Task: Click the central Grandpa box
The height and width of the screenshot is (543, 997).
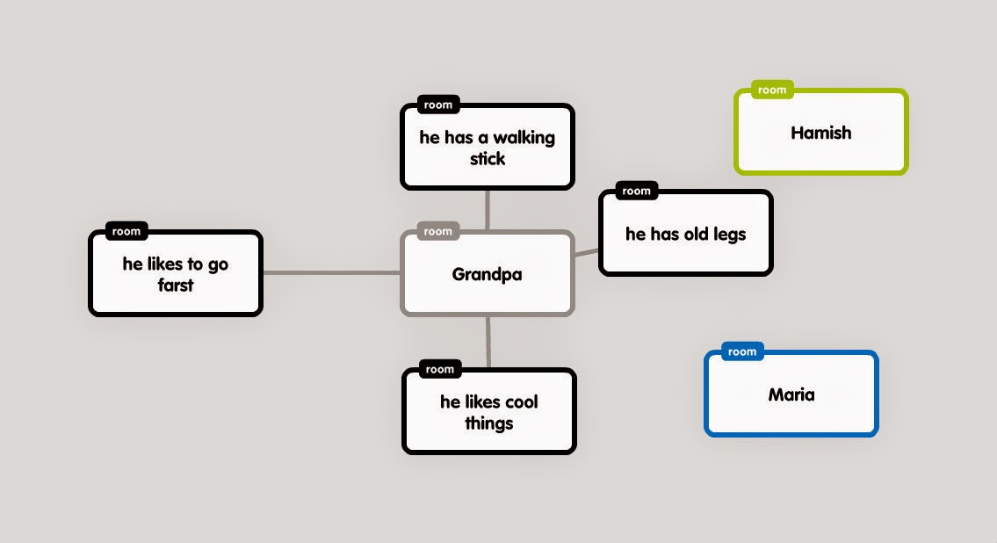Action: (488, 274)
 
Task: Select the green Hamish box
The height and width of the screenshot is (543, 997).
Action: (820, 133)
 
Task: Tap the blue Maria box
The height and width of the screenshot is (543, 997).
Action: (791, 395)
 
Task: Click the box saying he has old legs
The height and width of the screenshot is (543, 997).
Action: (685, 235)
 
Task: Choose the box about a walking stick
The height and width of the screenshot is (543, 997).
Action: (488, 148)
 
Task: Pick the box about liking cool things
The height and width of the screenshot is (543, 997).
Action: (488, 412)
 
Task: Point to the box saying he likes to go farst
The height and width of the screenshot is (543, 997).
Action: (176, 274)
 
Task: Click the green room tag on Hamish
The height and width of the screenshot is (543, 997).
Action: (772, 90)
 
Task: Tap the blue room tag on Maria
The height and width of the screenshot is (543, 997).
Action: (742, 351)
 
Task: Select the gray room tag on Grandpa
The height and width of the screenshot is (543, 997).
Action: (437, 232)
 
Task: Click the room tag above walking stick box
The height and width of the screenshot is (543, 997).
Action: (437, 105)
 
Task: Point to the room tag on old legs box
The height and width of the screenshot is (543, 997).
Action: (636, 191)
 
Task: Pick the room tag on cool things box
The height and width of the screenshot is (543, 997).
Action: (439, 369)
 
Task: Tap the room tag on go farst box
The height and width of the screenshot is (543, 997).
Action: (126, 232)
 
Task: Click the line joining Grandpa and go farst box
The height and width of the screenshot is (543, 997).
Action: (331, 273)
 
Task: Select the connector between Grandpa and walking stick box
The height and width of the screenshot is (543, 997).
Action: (487, 210)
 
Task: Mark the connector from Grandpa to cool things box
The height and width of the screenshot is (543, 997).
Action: (488, 342)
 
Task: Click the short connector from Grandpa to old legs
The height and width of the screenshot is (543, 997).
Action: (586, 253)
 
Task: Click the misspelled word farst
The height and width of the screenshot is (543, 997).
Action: (176, 285)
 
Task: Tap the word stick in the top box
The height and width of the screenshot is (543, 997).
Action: (488, 159)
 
